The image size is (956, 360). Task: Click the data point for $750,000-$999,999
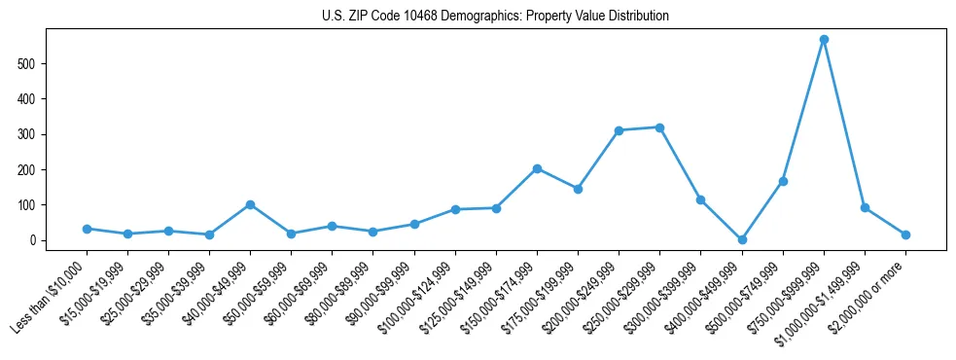click(824, 40)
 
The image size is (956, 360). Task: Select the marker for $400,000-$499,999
click(742, 239)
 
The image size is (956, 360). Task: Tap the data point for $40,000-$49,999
click(251, 204)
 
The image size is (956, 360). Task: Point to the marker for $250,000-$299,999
click(660, 127)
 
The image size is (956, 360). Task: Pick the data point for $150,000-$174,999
click(537, 168)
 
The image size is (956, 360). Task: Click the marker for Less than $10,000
click(87, 229)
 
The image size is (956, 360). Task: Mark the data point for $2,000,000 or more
click(905, 234)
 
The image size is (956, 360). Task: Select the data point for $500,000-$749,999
click(783, 181)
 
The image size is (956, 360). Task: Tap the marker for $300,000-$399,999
click(701, 199)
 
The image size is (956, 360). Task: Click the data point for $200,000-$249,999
click(619, 130)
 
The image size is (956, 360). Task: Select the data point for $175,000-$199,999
click(578, 189)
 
